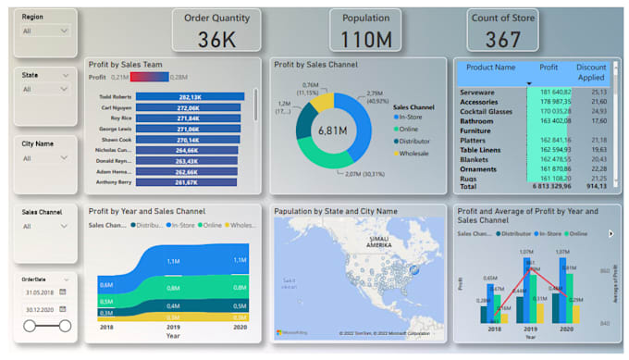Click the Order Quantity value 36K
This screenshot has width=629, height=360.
click(216, 39)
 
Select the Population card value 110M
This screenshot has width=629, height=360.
click(365, 39)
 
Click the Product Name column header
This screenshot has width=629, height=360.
click(491, 68)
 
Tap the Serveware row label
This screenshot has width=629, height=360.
click(477, 93)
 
